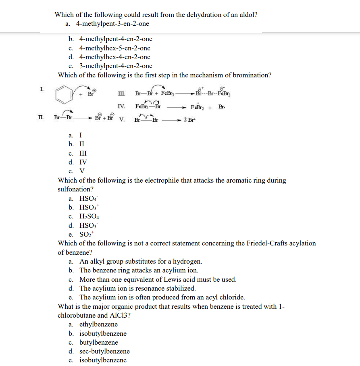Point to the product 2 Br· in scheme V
[x=190, y=120]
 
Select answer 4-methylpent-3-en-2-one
[x=114, y=24]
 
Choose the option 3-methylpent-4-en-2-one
[x=116, y=66]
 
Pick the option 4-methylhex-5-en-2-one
[x=115, y=48]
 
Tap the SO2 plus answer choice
[x=86, y=235]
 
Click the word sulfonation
[x=75, y=189]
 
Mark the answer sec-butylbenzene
[x=104, y=351]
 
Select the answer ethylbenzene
[x=99, y=324]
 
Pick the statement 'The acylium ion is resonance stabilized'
[x=137, y=289]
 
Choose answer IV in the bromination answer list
[x=83, y=162]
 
